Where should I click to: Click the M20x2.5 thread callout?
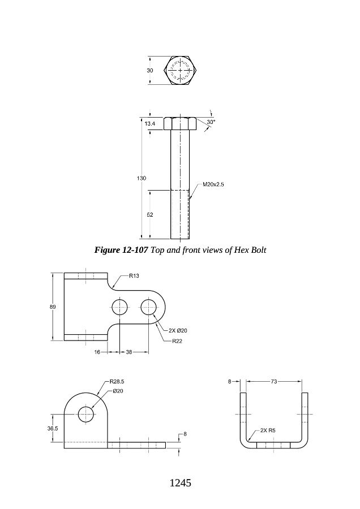tap(213, 184)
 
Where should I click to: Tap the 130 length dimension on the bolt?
tap(142, 178)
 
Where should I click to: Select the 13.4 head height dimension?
tap(150, 123)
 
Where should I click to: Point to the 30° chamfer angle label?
tap(211, 122)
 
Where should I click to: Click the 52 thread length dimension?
tap(150, 214)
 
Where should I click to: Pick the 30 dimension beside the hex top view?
tap(150, 71)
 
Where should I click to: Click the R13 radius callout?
tap(134, 276)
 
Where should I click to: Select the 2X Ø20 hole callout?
tap(178, 331)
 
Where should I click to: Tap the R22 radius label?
tap(177, 341)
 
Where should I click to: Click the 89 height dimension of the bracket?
tap(53, 307)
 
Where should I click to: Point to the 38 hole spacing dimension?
tap(129, 352)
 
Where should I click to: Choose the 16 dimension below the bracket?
tap(97, 352)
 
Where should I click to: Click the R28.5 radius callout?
tap(117, 381)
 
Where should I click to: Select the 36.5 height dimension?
tap(53, 428)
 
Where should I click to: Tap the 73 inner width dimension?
tap(273, 381)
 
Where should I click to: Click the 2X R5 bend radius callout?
tap(268, 430)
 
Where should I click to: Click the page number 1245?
tap(181, 483)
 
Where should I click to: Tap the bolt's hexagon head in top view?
tap(181, 71)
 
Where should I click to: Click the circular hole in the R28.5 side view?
tap(86, 415)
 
